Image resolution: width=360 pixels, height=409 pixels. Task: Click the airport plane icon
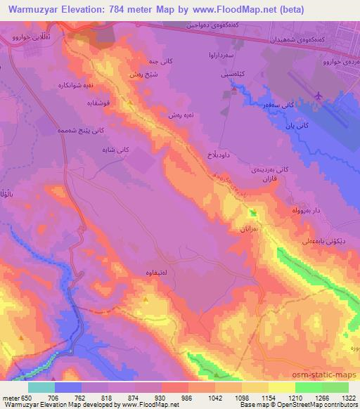click(x=319, y=95)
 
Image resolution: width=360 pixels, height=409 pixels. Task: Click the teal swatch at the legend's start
click(x=41, y=387)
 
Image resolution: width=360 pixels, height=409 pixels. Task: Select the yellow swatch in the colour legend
click(x=281, y=387)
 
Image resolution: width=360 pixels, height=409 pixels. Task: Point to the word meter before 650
click(x=9, y=397)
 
